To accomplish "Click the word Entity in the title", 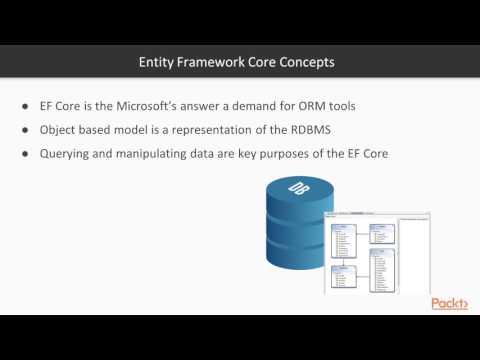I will click(x=156, y=62).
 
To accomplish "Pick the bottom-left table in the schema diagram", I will click(x=343, y=275).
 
